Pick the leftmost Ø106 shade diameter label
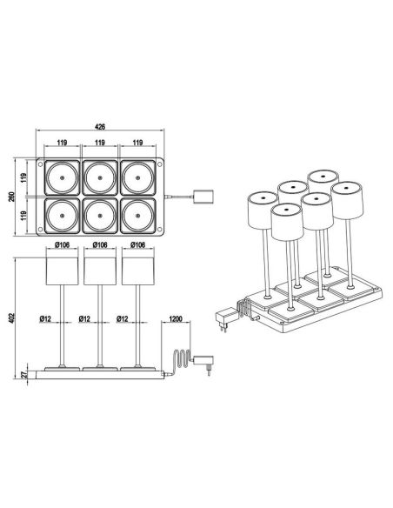pos(60,246)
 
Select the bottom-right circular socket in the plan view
pos(139,216)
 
